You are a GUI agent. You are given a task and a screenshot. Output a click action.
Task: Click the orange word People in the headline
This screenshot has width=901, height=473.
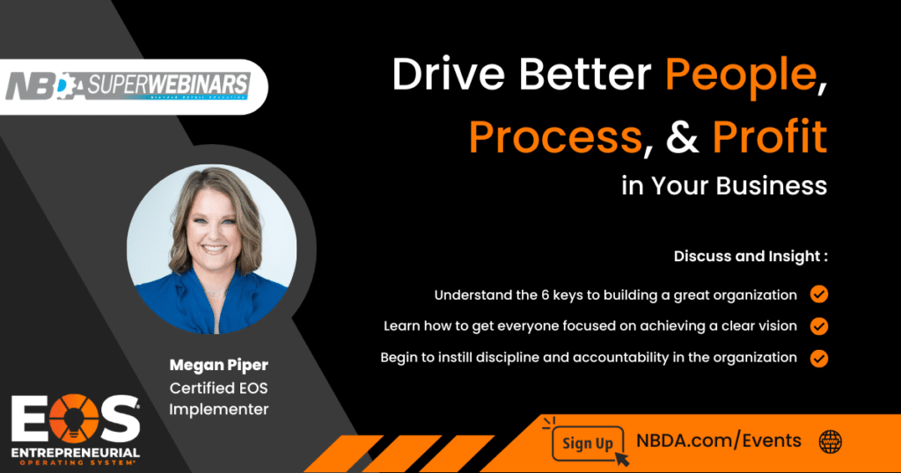pos(741,76)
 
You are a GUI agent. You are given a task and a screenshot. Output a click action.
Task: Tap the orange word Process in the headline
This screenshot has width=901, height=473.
pos(555,137)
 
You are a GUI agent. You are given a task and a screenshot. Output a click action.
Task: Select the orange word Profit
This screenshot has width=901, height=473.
pos(770,136)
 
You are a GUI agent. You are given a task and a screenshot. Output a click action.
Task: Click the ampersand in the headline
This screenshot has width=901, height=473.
pos(683,137)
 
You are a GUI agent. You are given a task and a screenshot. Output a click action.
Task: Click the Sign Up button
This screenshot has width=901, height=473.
pos(587,443)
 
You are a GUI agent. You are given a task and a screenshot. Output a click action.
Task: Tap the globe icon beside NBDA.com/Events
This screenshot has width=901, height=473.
pos(831,442)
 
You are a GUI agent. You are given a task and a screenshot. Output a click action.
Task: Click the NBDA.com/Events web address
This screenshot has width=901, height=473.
pos(718,440)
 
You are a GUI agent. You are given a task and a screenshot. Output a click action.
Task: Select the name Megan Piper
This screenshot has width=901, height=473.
pos(218,366)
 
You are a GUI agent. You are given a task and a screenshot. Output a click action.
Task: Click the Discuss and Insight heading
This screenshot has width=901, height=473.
pos(751,256)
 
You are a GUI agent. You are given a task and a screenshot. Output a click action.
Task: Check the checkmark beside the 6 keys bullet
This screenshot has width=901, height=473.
pos(819,295)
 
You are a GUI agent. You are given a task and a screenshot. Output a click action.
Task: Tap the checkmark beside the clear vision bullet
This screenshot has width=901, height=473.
pos(819,326)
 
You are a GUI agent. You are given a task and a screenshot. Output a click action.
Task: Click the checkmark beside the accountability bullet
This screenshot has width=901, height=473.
pos(819,358)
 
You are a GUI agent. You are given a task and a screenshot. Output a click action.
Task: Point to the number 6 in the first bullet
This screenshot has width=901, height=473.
pos(546,295)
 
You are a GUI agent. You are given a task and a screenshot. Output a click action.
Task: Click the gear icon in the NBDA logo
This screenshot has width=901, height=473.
pos(65,86)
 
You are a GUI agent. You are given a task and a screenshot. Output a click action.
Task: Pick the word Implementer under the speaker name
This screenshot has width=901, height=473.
pos(218,410)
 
